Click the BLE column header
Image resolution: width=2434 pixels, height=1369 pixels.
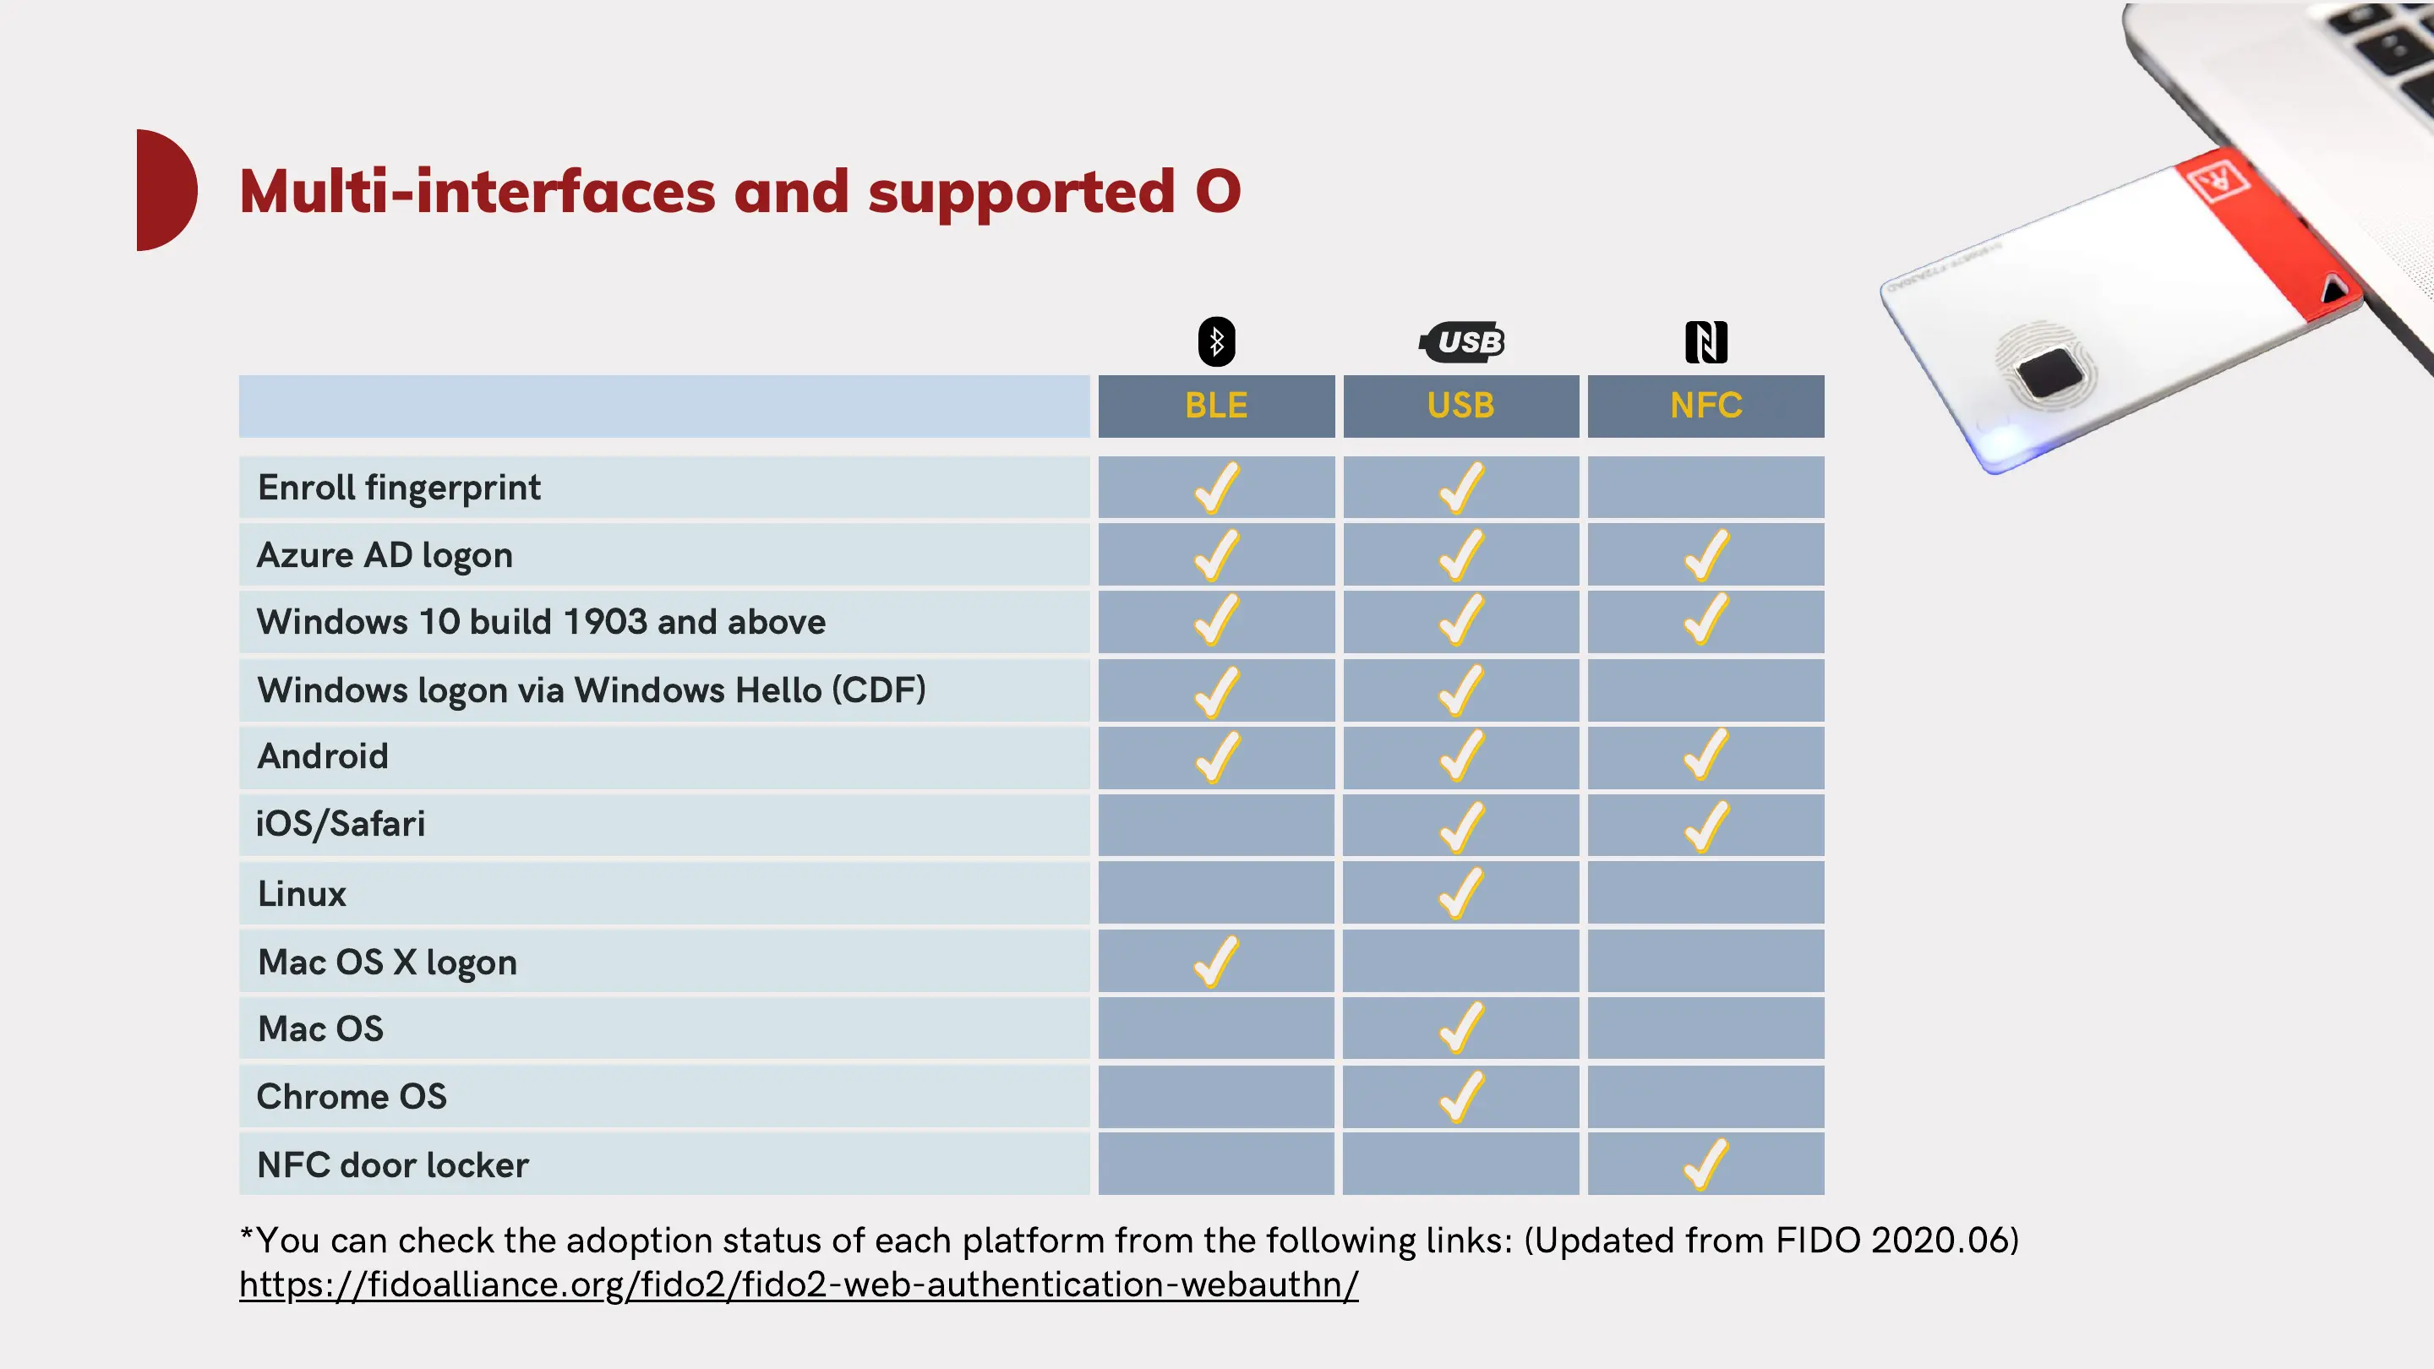click(x=1216, y=406)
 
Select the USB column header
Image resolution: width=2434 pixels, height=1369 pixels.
click(x=1460, y=406)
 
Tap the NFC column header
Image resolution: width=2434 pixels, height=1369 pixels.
click(x=1705, y=406)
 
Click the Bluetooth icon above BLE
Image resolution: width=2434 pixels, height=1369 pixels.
click(x=1216, y=341)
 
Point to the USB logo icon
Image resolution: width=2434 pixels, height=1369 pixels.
click(x=1462, y=341)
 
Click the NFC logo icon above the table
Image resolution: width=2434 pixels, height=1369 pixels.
click(x=1705, y=341)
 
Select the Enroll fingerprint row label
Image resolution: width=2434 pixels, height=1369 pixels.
click(x=399, y=488)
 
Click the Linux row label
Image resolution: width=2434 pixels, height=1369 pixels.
click(x=302, y=894)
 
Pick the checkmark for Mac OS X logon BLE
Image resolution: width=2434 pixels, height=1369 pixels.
click(x=1216, y=961)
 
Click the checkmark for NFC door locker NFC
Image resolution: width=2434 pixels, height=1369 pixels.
click(x=1705, y=1164)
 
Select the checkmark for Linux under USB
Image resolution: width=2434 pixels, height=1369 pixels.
click(x=1460, y=893)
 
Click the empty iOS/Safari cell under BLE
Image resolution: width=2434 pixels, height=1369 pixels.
click(x=1216, y=825)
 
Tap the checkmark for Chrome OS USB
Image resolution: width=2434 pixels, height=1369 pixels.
click(x=1460, y=1096)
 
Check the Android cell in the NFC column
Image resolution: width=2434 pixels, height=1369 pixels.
click(x=1705, y=755)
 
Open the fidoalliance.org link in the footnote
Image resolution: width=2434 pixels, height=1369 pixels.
click(x=799, y=1284)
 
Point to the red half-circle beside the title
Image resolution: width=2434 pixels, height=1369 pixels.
click(x=165, y=190)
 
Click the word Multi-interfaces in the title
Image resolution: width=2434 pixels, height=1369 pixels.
click(x=478, y=192)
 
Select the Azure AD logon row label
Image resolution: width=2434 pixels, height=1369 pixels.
click(x=385, y=555)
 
